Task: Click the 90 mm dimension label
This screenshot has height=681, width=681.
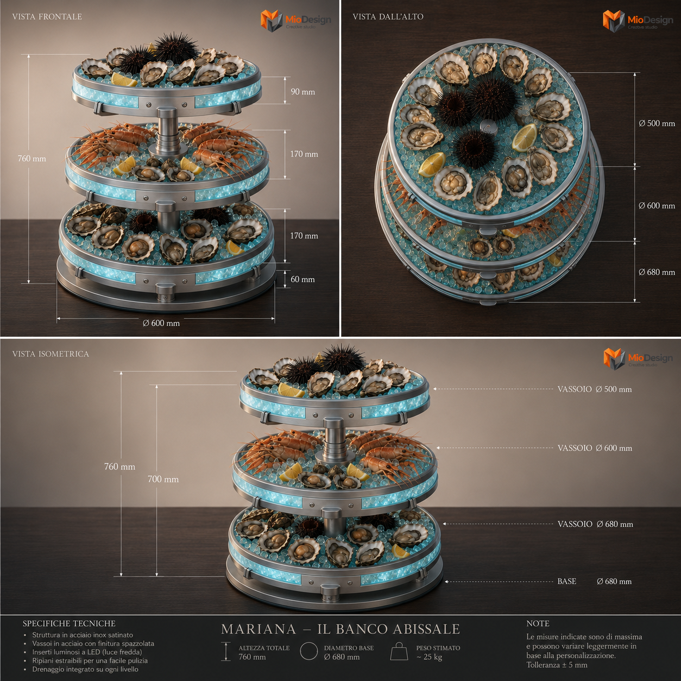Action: click(302, 92)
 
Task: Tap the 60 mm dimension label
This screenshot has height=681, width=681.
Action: click(302, 279)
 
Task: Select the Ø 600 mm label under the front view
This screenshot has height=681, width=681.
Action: click(161, 323)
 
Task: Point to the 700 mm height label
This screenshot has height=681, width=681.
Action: click(163, 479)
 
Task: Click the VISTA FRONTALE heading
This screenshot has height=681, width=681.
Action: click(47, 17)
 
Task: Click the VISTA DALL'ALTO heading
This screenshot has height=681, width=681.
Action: click(388, 17)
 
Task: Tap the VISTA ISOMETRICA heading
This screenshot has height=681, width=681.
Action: click(51, 354)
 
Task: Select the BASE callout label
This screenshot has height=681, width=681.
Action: click(566, 581)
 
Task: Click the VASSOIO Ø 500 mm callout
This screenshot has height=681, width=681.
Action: click(595, 389)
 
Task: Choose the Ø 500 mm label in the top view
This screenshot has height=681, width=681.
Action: click(657, 123)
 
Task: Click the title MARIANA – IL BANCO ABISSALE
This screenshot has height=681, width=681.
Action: click(340, 629)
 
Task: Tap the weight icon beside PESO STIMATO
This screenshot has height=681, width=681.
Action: click(399, 651)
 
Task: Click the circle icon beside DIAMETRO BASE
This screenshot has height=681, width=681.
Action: click(309, 651)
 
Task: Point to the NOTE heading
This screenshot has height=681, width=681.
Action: click(538, 623)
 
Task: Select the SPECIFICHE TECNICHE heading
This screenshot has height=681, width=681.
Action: click(69, 623)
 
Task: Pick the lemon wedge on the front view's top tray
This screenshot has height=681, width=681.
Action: click(124, 80)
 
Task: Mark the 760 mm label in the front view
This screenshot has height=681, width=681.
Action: click(32, 159)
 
